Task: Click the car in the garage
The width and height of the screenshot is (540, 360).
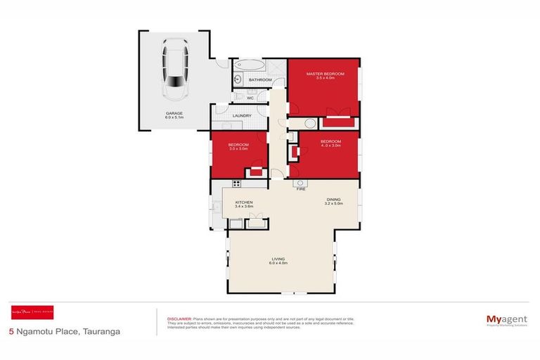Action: click(174, 69)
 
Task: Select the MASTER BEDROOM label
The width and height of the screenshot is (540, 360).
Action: click(324, 74)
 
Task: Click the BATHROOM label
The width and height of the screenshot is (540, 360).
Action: click(261, 80)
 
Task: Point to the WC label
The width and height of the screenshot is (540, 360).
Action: click(250, 98)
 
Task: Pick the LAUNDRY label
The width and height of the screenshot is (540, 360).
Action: click(243, 115)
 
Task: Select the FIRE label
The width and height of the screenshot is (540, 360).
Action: click(300, 189)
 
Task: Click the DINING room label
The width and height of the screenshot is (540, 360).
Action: click(333, 201)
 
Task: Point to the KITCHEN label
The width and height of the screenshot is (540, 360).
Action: click(244, 203)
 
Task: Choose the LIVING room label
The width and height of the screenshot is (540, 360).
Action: click(279, 261)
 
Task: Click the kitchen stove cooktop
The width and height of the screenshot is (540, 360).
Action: click(236, 184)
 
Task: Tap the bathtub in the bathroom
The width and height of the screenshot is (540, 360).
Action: click(250, 66)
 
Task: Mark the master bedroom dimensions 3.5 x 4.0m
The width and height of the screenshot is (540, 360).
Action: click(324, 78)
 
